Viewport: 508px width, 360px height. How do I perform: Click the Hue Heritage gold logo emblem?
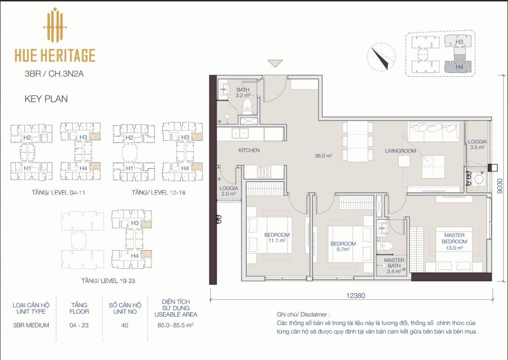coord(55,25)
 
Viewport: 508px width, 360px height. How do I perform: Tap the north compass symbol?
coord(381,57)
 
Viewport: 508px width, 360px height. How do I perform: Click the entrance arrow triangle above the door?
coord(275,63)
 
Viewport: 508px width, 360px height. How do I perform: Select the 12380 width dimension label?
coord(356,295)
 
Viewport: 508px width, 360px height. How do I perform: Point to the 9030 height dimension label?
coord(500,186)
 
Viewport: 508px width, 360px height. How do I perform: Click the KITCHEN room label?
coord(249,151)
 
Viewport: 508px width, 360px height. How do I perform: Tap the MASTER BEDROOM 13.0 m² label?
coord(454,241)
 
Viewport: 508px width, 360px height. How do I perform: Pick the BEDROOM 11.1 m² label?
coord(277,238)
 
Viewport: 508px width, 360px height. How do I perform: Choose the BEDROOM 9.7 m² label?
coord(343,246)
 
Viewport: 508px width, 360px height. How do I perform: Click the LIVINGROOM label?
coord(401,151)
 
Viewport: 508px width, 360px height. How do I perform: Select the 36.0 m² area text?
coord(324,156)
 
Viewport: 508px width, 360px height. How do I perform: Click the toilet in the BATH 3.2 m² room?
coord(247,107)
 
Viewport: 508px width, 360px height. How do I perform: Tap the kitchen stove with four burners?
coord(264,172)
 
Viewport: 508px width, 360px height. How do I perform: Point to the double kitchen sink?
coord(240,133)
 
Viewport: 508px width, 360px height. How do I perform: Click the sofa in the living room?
coord(434,131)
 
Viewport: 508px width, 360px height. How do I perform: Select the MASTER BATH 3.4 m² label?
coord(394,266)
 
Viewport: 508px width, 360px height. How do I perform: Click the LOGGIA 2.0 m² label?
coord(229,191)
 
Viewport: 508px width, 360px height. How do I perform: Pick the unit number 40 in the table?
coord(125,325)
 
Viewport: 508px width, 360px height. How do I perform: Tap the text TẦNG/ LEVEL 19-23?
coord(108,281)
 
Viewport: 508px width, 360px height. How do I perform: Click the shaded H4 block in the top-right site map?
coord(458,67)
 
